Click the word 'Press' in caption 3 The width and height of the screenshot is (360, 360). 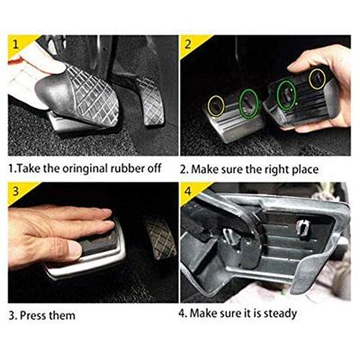pos(32,316)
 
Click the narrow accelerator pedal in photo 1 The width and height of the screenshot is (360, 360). pos(149,101)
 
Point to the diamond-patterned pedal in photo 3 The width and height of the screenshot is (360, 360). pos(158,237)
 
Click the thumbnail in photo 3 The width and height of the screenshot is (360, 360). pos(74,250)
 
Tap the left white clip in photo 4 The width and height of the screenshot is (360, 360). pos(231,237)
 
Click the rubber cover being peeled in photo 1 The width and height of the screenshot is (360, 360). pos(77,97)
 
